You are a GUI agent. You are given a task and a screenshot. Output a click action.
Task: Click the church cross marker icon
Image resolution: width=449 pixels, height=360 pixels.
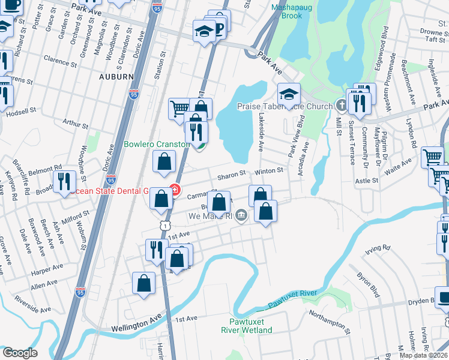(x=342, y=106)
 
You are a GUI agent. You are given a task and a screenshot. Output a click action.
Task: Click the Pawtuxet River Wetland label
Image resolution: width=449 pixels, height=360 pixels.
(x=246, y=326)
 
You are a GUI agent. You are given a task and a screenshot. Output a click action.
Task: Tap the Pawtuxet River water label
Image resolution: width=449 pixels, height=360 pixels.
(x=292, y=299)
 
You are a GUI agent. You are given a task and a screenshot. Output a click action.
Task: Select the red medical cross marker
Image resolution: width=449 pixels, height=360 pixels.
(x=175, y=191)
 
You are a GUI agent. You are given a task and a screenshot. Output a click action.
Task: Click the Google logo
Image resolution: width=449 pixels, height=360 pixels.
(x=20, y=352)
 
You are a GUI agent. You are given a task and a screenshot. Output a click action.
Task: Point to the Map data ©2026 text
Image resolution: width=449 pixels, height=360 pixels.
(x=423, y=355)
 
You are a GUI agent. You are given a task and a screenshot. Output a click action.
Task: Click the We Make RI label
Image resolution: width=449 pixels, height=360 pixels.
(x=210, y=216)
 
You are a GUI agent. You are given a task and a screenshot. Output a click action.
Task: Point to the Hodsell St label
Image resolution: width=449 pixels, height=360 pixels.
(x=23, y=110)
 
